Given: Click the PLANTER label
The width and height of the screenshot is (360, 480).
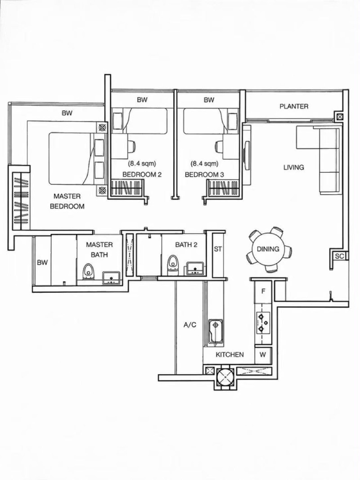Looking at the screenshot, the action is tap(294, 106).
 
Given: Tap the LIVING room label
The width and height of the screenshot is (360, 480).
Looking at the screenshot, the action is tap(293, 167).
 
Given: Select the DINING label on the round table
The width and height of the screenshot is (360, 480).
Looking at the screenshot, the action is tap(268, 249).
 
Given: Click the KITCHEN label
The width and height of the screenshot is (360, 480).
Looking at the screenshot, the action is tap(229, 354).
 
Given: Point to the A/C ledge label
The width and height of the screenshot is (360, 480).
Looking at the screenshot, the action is tap(190, 325).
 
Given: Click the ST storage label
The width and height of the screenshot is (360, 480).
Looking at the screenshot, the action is tap(218, 249).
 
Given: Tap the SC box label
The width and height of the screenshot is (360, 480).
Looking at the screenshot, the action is tap(339, 256).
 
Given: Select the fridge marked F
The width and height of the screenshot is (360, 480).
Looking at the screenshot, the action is tap(263, 292).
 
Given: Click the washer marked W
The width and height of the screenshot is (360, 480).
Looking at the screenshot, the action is tap(263, 355).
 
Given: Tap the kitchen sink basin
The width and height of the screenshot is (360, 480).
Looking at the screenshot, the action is tap(216, 332).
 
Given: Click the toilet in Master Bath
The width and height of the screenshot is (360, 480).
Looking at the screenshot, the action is tap(89, 272).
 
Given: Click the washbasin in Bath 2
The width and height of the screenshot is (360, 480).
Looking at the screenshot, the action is tap(195, 269).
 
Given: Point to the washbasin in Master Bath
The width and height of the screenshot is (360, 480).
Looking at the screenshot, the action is tap(111, 278).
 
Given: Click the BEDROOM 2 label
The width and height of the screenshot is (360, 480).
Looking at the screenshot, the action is tap(142, 175).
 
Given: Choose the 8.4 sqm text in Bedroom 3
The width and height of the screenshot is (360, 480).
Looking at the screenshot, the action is tap(204, 163).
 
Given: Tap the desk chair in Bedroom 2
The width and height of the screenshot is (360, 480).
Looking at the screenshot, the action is tap(131, 146).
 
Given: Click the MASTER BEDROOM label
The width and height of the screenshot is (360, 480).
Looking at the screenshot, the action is tap(67, 201).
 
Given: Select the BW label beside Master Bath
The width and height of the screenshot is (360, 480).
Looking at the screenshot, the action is tap(42, 262).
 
